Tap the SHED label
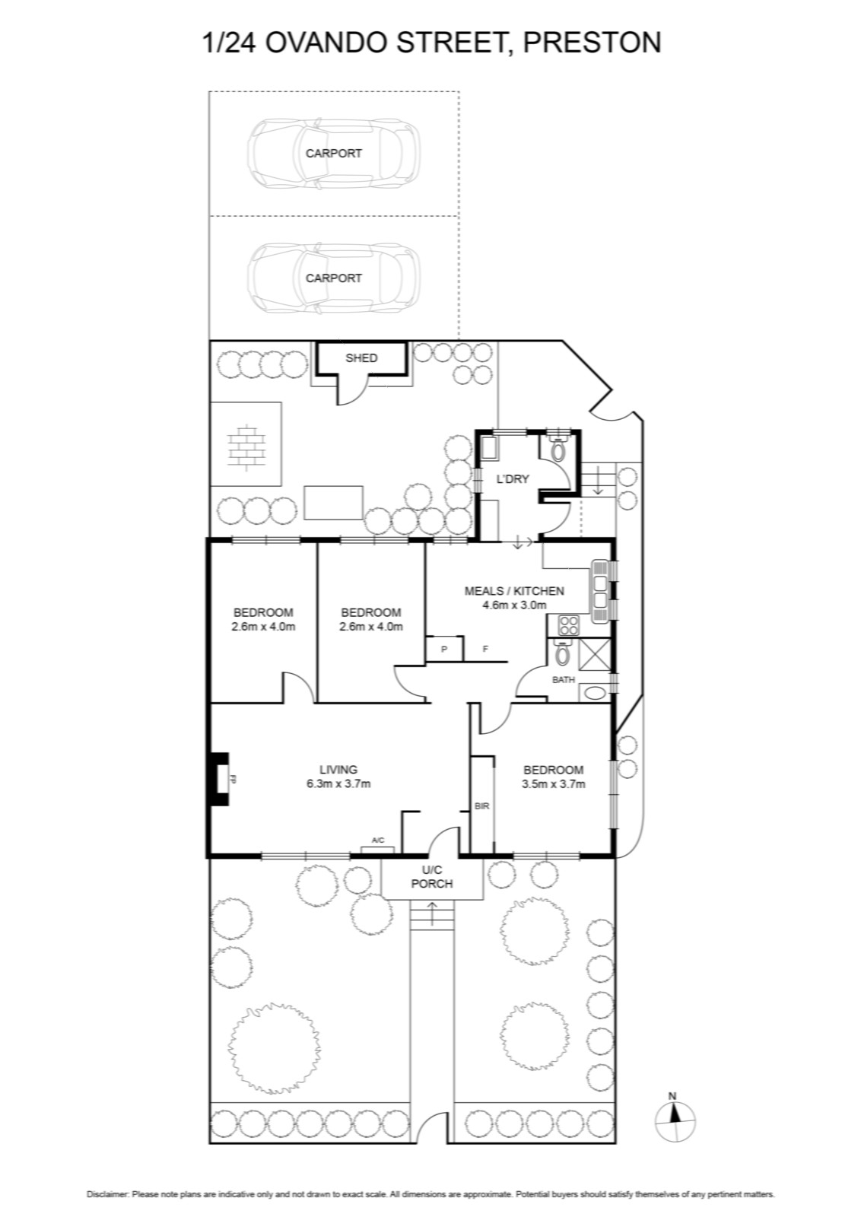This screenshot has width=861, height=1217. (361, 358)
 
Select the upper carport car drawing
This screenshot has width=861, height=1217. (334, 153)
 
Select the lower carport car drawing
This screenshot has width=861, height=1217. (334, 278)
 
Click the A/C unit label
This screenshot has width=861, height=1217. (378, 840)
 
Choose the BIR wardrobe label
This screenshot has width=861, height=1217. (481, 807)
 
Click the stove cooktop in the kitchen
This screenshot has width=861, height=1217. (569, 625)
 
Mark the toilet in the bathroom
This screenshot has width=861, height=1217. (562, 653)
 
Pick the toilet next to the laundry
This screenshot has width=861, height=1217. (558, 448)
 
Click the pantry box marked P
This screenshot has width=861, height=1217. (444, 649)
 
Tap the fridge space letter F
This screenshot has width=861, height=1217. (485, 649)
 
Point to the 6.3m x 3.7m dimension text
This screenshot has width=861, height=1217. (338, 784)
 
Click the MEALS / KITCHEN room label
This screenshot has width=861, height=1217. (514, 590)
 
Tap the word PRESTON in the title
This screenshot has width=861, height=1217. (592, 43)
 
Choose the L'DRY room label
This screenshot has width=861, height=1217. (513, 479)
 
